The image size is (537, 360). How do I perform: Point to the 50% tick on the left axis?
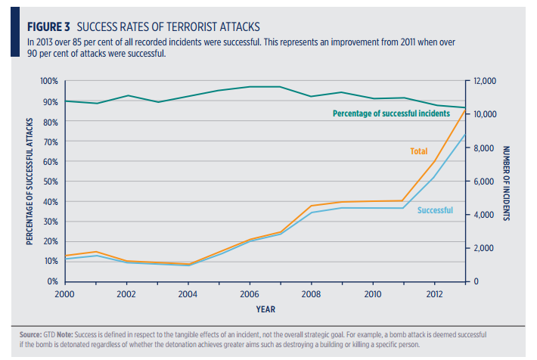click(50, 182)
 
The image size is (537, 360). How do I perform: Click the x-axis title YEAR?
click(265, 309)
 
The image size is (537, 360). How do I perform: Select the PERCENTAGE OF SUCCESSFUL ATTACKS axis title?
click(29, 181)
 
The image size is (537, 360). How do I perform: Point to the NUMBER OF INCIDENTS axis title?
click(506, 183)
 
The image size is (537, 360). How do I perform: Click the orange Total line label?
click(418, 151)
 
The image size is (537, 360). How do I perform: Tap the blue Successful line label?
click(435, 210)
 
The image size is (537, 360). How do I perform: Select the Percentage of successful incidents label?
click(392, 113)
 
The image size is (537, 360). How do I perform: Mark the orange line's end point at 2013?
click(464, 110)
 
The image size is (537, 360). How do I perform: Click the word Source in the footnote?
click(33, 334)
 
